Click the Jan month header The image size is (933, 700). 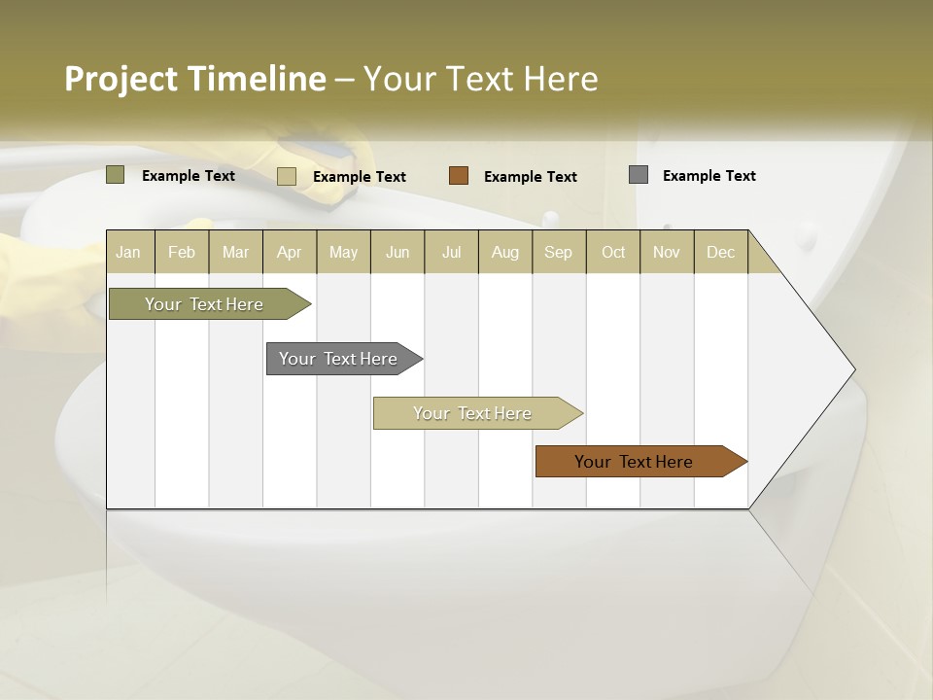click(128, 252)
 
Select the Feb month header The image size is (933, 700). click(182, 252)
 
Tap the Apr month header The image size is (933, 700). click(289, 252)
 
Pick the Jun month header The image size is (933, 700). click(397, 252)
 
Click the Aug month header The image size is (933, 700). click(504, 252)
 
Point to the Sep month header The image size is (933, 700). click(558, 252)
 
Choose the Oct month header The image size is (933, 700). click(613, 252)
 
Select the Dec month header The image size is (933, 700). click(720, 252)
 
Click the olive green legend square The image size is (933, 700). click(116, 175)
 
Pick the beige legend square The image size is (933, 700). click(287, 176)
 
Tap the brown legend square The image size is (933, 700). click(459, 176)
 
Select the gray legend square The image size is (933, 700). click(639, 175)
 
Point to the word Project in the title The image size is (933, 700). click(121, 79)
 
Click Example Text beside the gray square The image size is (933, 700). click(708, 176)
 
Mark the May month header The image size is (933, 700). click(343, 252)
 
